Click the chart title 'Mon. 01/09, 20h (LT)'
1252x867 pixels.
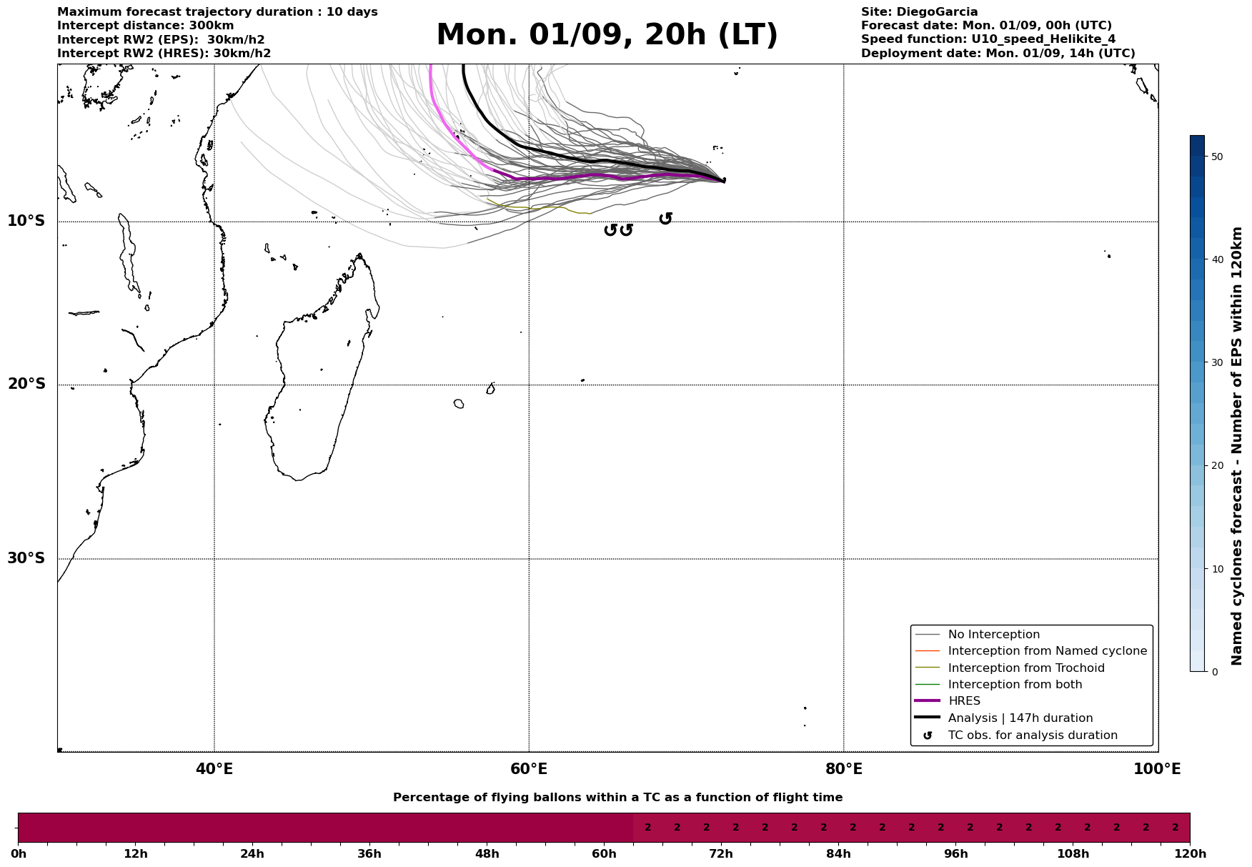click(x=607, y=35)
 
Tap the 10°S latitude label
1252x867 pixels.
click(x=26, y=221)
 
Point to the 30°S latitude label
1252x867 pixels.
click(x=26, y=558)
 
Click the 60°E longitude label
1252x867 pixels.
click(x=529, y=769)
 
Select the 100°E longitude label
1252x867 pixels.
click(x=1156, y=769)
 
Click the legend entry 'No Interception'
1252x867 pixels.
click(x=993, y=635)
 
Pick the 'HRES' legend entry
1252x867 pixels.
click(x=964, y=701)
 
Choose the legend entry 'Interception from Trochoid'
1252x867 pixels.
click(x=1025, y=668)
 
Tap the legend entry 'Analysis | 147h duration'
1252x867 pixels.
click(x=1020, y=718)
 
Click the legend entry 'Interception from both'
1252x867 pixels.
click(x=1015, y=685)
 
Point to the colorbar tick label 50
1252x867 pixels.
click(x=1218, y=157)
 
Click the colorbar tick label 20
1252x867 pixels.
click(x=1218, y=466)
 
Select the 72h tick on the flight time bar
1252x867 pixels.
click(x=720, y=853)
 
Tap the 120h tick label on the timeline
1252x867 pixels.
click(x=1189, y=853)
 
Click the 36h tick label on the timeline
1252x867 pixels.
click(x=369, y=853)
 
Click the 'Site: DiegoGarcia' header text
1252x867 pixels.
click(x=919, y=12)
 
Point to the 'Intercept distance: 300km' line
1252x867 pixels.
click(x=145, y=26)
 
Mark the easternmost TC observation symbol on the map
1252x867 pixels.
click(x=665, y=219)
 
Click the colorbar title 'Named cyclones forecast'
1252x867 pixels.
click(x=1237, y=446)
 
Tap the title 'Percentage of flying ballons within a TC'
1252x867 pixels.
click(x=617, y=798)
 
